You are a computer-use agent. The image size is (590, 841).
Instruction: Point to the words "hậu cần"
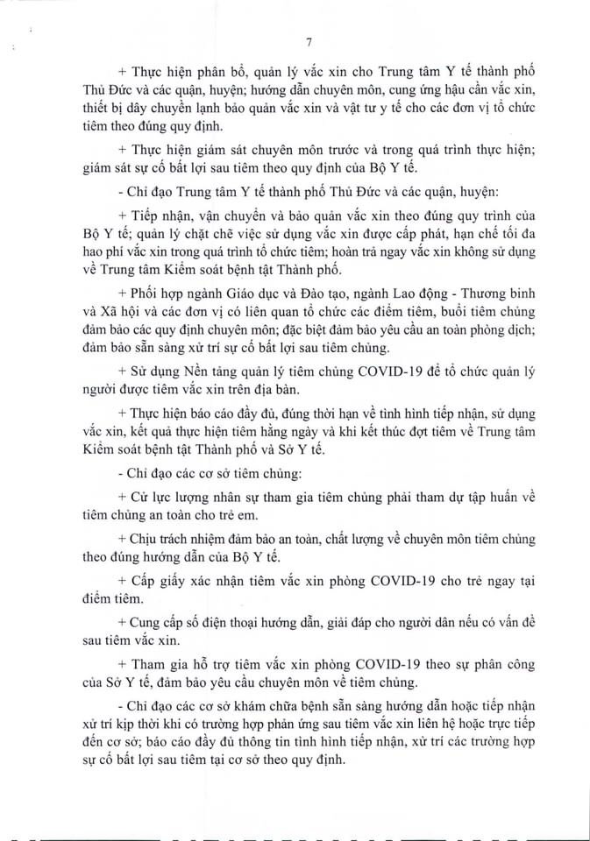coord(458,92)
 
